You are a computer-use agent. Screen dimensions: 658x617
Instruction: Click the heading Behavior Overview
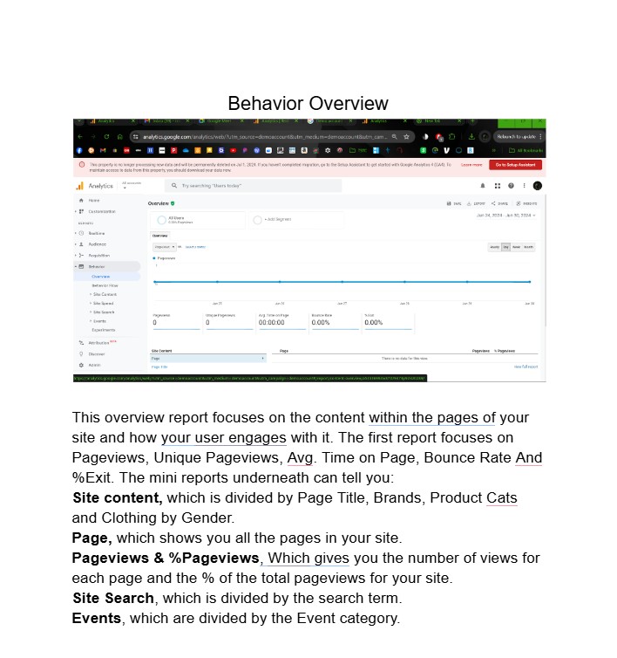point(308,104)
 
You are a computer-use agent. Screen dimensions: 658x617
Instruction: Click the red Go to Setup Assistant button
point(516,164)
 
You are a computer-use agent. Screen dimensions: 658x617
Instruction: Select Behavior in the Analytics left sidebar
point(98,266)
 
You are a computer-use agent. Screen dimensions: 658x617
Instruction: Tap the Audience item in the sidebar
point(97,244)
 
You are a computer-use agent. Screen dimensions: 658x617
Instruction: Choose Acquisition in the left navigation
point(99,255)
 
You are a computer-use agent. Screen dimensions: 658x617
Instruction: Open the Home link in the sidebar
point(94,201)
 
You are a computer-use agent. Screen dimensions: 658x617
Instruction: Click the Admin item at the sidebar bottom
point(94,365)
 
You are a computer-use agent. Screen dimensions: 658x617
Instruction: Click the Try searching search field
point(253,186)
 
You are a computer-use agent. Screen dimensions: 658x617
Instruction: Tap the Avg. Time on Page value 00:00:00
point(271,323)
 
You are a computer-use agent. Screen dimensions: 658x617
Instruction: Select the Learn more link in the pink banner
point(471,164)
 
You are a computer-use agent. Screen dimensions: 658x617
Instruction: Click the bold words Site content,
point(117,498)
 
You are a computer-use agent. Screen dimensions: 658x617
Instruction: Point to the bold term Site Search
point(113,599)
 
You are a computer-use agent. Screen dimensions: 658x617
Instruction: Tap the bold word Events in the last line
point(97,619)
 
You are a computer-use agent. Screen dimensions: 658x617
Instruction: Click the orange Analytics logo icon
point(79,186)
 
